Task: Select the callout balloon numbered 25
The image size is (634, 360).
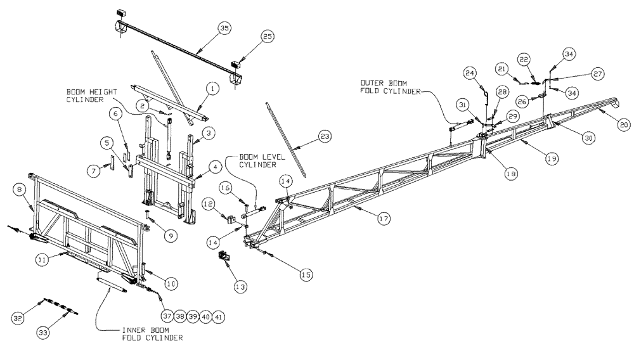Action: click(x=267, y=37)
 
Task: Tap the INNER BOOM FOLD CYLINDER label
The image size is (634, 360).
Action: click(x=152, y=334)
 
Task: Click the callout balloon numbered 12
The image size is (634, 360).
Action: click(x=210, y=203)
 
